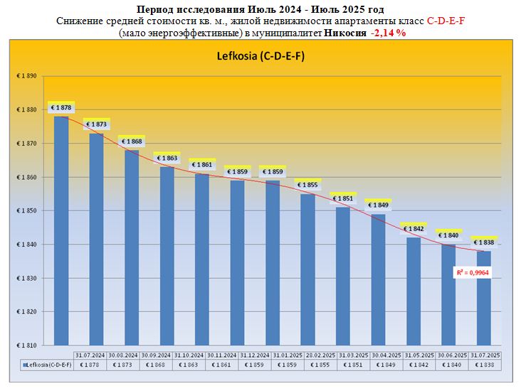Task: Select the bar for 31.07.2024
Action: click(x=61, y=227)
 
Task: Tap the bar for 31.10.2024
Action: click(x=202, y=256)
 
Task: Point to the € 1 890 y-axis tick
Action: click(x=26, y=76)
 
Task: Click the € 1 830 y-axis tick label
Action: click(x=26, y=278)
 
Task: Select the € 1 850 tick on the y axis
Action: click(x=26, y=211)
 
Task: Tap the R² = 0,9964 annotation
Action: click(x=471, y=272)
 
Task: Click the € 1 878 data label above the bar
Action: click(x=62, y=107)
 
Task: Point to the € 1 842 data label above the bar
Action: click(x=414, y=229)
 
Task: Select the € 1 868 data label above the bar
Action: click(x=132, y=141)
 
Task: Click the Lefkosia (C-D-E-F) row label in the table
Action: click(x=46, y=364)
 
